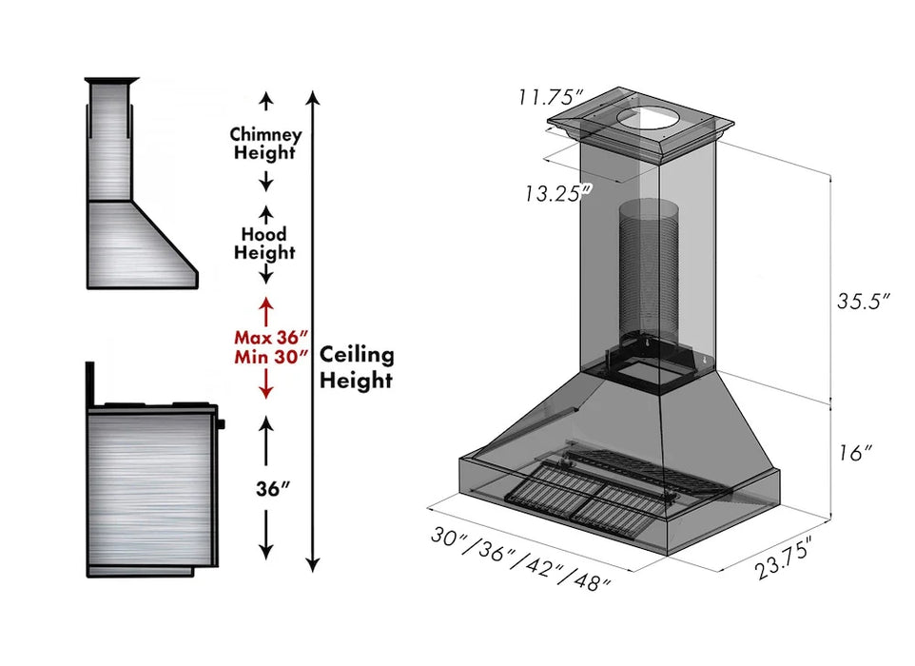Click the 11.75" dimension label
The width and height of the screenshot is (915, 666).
pyautogui.click(x=551, y=97)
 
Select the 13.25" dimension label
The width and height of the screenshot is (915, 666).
pyautogui.click(x=557, y=193)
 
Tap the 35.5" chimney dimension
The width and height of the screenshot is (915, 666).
pyautogui.click(x=863, y=302)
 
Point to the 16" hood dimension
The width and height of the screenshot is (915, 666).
pyautogui.click(x=856, y=453)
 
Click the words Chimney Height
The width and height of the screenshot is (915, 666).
pyautogui.click(x=265, y=144)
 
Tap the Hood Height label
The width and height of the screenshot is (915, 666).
pyautogui.click(x=265, y=243)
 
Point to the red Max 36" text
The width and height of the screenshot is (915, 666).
pyautogui.click(x=271, y=337)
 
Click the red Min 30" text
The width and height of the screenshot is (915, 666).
pyautogui.click(x=271, y=358)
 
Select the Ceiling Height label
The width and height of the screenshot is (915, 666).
pyautogui.click(x=356, y=367)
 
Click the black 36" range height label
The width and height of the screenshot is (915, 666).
pyautogui.click(x=271, y=488)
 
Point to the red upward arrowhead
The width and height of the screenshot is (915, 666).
pyautogui.click(x=266, y=304)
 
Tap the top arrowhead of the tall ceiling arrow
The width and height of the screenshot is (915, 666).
pyautogui.click(x=312, y=97)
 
